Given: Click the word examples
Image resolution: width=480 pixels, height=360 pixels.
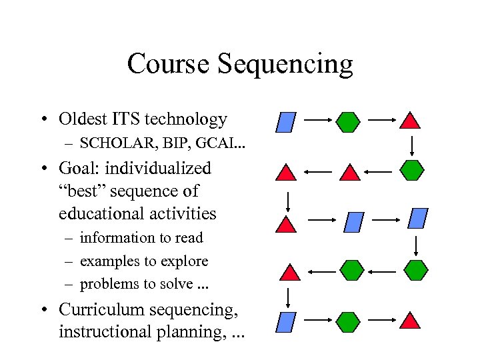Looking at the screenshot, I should click(x=109, y=261).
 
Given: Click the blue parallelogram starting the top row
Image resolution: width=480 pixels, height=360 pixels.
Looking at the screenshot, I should click(x=285, y=122).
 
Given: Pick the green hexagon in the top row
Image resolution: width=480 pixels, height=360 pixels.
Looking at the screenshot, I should click(x=348, y=121).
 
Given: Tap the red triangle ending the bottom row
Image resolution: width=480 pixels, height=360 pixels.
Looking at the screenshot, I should click(x=411, y=321).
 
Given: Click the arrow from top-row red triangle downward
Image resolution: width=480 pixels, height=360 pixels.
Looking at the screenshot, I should click(x=412, y=145).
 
